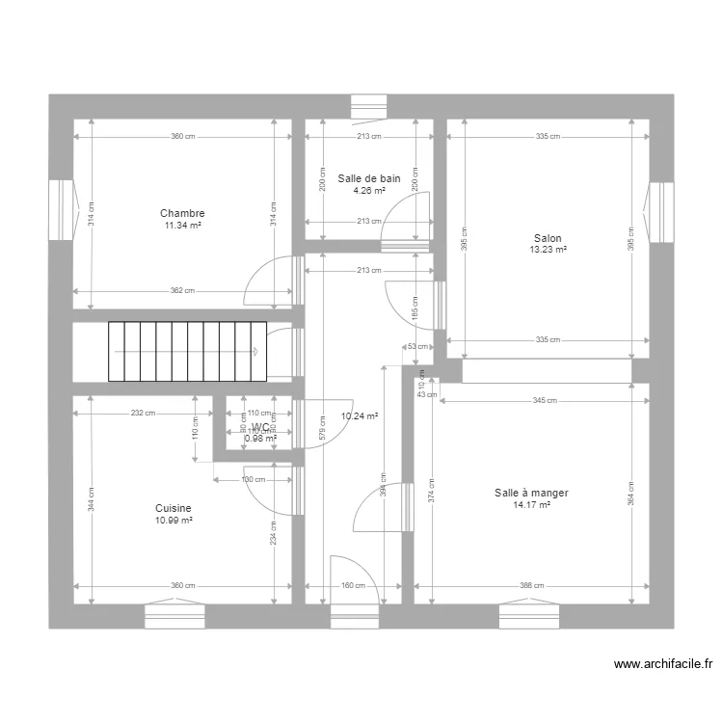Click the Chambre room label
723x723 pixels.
[x=182, y=213]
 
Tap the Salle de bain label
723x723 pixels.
[x=368, y=178]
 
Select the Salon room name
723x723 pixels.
[x=548, y=238]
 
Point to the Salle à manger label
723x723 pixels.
[x=531, y=493]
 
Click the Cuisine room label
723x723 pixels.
[x=174, y=508]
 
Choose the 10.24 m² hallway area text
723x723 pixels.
[x=359, y=416]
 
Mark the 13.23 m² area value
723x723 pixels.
[x=548, y=250]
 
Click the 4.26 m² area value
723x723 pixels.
[x=368, y=190]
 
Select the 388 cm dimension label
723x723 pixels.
[x=532, y=585]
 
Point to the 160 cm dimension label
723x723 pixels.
[x=354, y=585]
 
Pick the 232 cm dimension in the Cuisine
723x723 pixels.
[x=143, y=413]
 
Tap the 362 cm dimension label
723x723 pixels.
[x=183, y=290]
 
